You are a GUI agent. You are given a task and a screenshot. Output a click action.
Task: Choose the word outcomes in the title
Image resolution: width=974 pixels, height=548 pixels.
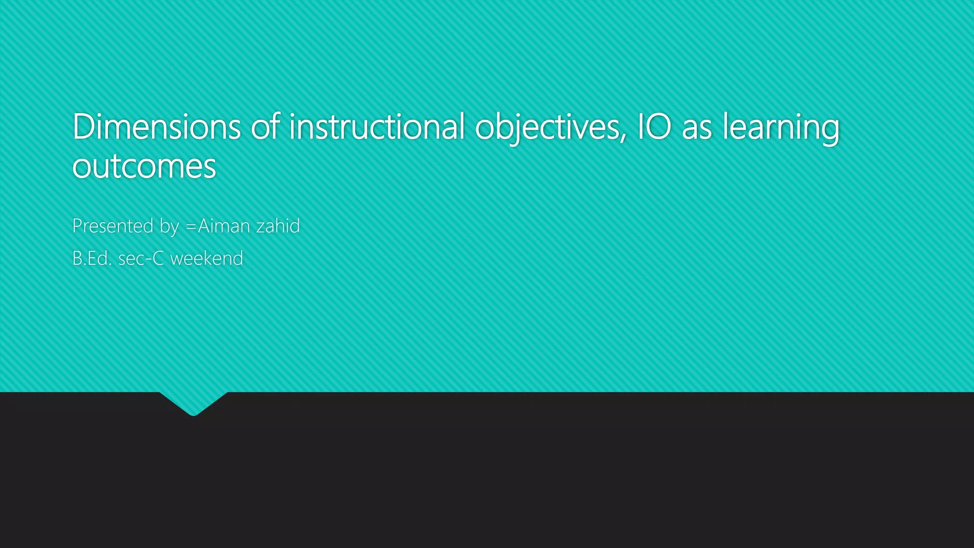pyautogui.click(x=144, y=166)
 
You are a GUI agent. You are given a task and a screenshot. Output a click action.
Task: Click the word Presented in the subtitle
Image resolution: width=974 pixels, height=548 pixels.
pyautogui.click(x=113, y=226)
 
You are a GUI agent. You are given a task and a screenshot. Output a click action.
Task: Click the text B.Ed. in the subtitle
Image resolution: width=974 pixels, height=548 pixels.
pyautogui.click(x=92, y=258)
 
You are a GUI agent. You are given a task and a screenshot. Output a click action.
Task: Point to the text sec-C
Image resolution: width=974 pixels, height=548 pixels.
pyautogui.click(x=141, y=258)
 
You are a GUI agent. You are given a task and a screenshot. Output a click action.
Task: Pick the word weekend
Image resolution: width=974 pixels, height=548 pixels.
pyautogui.click(x=207, y=258)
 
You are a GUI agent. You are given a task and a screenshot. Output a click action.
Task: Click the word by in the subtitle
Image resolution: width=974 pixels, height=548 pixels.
pyautogui.click(x=169, y=227)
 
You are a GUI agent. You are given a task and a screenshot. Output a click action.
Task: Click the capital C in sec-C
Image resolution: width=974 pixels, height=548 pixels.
pyautogui.click(x=158, y=258)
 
